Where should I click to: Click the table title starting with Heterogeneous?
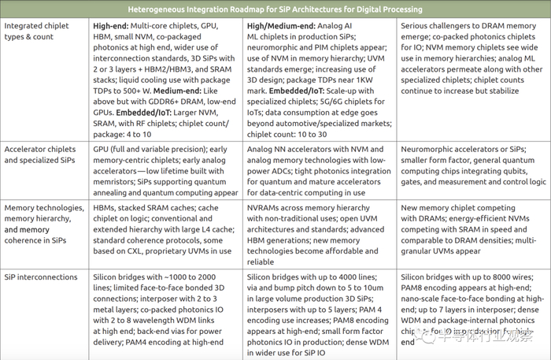[275, 9]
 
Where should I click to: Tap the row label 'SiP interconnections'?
[41, 278]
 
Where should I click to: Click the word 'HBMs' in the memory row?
[106, 207]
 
